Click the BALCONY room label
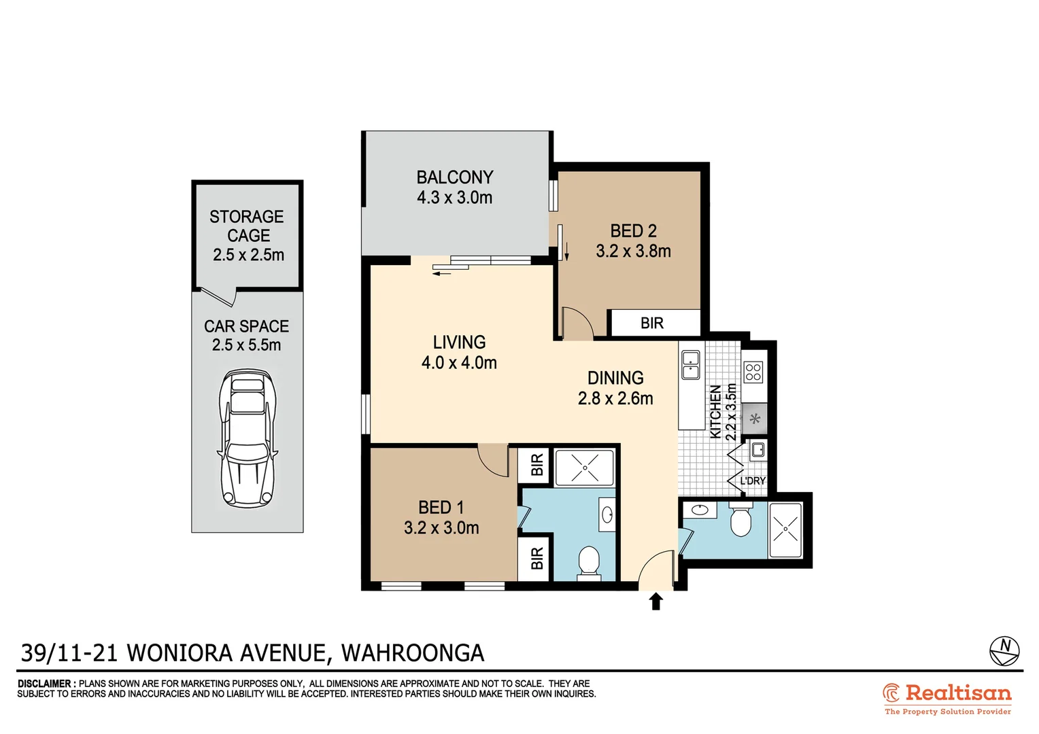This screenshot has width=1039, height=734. [x=454, y=177]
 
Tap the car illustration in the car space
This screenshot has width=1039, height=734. [x=248, y=438]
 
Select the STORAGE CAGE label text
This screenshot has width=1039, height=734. [x=247, y=226]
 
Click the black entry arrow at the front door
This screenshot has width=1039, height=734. [x=656, y=601]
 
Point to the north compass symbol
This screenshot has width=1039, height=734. [x=1004, y=650]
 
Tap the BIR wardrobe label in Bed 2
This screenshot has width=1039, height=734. [x=651, y=324]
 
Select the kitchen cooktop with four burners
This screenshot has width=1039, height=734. [x=753, y=372]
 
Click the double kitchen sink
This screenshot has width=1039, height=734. [x=690, y=365]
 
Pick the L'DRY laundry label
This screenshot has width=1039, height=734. [x=752, y=480]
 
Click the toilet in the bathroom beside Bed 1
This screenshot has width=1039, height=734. [x=588, y=562]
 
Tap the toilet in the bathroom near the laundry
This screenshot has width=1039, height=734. [x=739, y=522]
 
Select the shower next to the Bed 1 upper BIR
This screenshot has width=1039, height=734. [x=584, y=468]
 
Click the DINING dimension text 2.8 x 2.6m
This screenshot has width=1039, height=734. [x=615, y=399]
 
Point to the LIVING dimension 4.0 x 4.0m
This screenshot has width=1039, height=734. [x=459, y=363]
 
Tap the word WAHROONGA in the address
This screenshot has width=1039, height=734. [x=413, y=653]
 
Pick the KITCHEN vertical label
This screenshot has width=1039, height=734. [x=715, y=412]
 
